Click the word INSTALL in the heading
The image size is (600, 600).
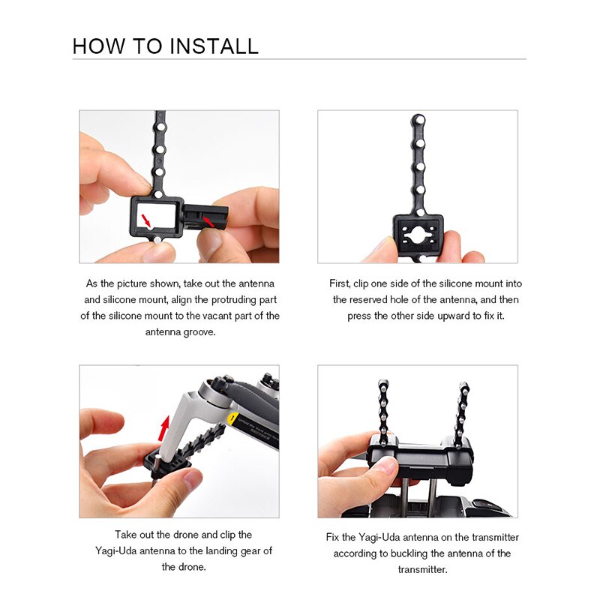click(214, 46)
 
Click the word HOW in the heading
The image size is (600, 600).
click(99, 46)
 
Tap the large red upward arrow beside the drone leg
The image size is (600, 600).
click(164, 428)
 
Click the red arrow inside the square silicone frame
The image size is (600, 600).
click(145, 220)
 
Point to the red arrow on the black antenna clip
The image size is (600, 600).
click(208, 221)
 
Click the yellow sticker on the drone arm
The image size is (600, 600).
click(232, 418)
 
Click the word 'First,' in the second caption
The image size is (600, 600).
click(340, 284)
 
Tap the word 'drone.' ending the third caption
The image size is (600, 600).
click(184, 567)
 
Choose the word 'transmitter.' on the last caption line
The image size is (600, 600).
click(422, 569)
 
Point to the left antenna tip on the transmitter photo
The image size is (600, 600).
click(383, 383)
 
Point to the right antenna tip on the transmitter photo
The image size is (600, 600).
click(463, 385)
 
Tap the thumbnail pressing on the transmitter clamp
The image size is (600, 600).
click(385, 464)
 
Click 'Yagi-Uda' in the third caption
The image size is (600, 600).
click(116, 550)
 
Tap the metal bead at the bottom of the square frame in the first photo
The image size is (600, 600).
click(157, 241)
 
